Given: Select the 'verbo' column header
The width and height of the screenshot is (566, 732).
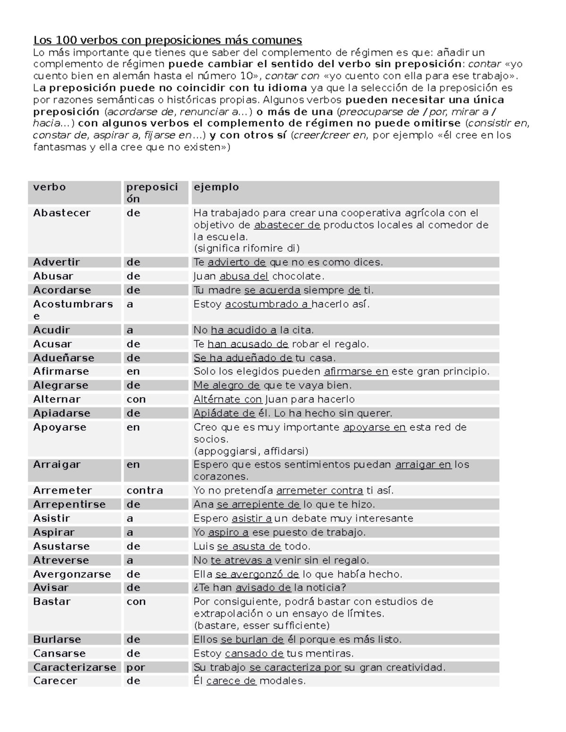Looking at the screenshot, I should pyautogui.click(x=50, y=187).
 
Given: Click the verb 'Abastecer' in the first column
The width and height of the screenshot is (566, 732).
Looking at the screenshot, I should pyautogui.click(x=61, y=213).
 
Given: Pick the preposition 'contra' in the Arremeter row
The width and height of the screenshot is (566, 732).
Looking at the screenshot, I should pyautogui.click(x=144, y=490).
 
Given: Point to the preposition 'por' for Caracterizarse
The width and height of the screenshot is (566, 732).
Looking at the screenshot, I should pyautogui.click(x=136, y=667).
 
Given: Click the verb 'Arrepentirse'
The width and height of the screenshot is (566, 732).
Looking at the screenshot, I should pyautogui.click(x=69, y=504).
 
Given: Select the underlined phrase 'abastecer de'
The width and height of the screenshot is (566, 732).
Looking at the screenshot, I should pyautogui.click(x=287, y=225).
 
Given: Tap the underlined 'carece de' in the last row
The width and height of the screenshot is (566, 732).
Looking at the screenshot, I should pyautogui.click(x=231, y=681).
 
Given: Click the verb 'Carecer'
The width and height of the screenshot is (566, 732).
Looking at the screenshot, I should pyautogui.click(x=55, y=681).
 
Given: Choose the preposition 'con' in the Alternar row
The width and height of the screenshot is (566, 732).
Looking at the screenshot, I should pyautogui.click(x=136, y=399).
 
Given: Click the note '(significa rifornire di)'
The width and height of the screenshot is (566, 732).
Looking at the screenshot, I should pyautogui.click(x=247, y=248).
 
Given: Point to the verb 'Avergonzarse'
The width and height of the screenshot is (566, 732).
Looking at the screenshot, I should pyautogui.click(x=72, y=574).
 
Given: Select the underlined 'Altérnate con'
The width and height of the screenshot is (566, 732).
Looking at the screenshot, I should pyautogui.click(x=227, y=399).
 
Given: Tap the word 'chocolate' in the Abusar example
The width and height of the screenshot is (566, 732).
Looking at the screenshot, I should pyautogui.click(x=297, y=276).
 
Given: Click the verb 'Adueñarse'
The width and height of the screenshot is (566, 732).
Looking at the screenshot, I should pyautogui.click(x=64, y=358).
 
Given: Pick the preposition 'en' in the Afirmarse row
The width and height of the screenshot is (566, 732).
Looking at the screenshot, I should pyautogui.click(x=133, y=371).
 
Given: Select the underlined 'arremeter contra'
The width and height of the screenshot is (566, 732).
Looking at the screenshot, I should pyautogui.click(x=319, y=490).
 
